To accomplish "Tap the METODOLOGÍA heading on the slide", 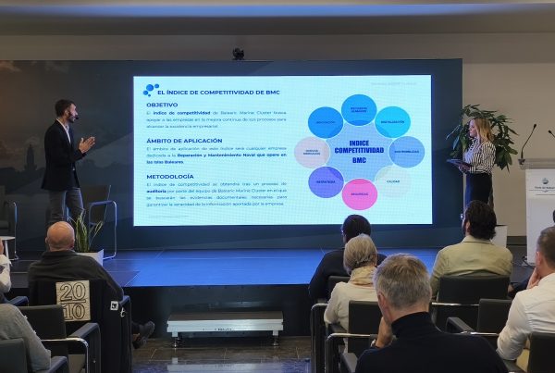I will pos(169,176).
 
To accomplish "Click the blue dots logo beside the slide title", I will pos(151,89).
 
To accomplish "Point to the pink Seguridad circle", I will pos(359,193).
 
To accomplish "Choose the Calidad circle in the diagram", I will pos(393,181).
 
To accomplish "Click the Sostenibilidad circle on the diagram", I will pos(407,152).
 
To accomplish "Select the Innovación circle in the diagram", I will pos(325,121).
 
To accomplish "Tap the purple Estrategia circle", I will pos(326,181).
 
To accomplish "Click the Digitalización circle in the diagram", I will pos(393,121).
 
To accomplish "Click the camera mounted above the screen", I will pos(238,54).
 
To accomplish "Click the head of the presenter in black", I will pos(64,110).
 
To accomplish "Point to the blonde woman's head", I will pos(480,128).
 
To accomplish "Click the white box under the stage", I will pos(225,324).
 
